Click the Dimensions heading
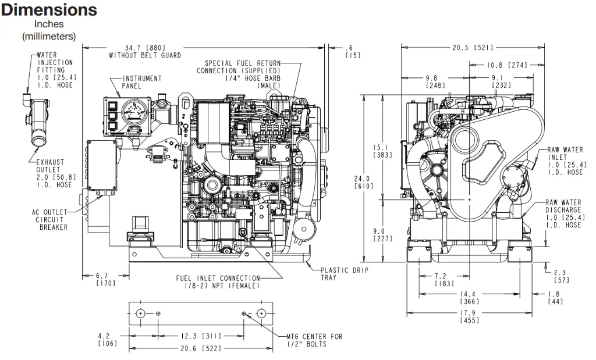(x=49, y=10)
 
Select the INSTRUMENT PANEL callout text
(x=142, y=83)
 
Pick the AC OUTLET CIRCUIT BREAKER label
(x=50, y=219)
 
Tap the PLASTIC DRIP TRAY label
(x=345, y=274)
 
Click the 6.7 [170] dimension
(x=106, y=280)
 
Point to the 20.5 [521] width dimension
(x=473, y=48)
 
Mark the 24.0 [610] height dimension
(x=364, y=182)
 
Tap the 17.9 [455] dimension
(x=470, y=317)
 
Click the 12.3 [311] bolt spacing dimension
(x=201, y=336)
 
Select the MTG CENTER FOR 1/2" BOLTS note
(x=315, y=340)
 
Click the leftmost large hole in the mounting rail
(x=140, y=313)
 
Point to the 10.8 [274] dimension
(x=507, y=65)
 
